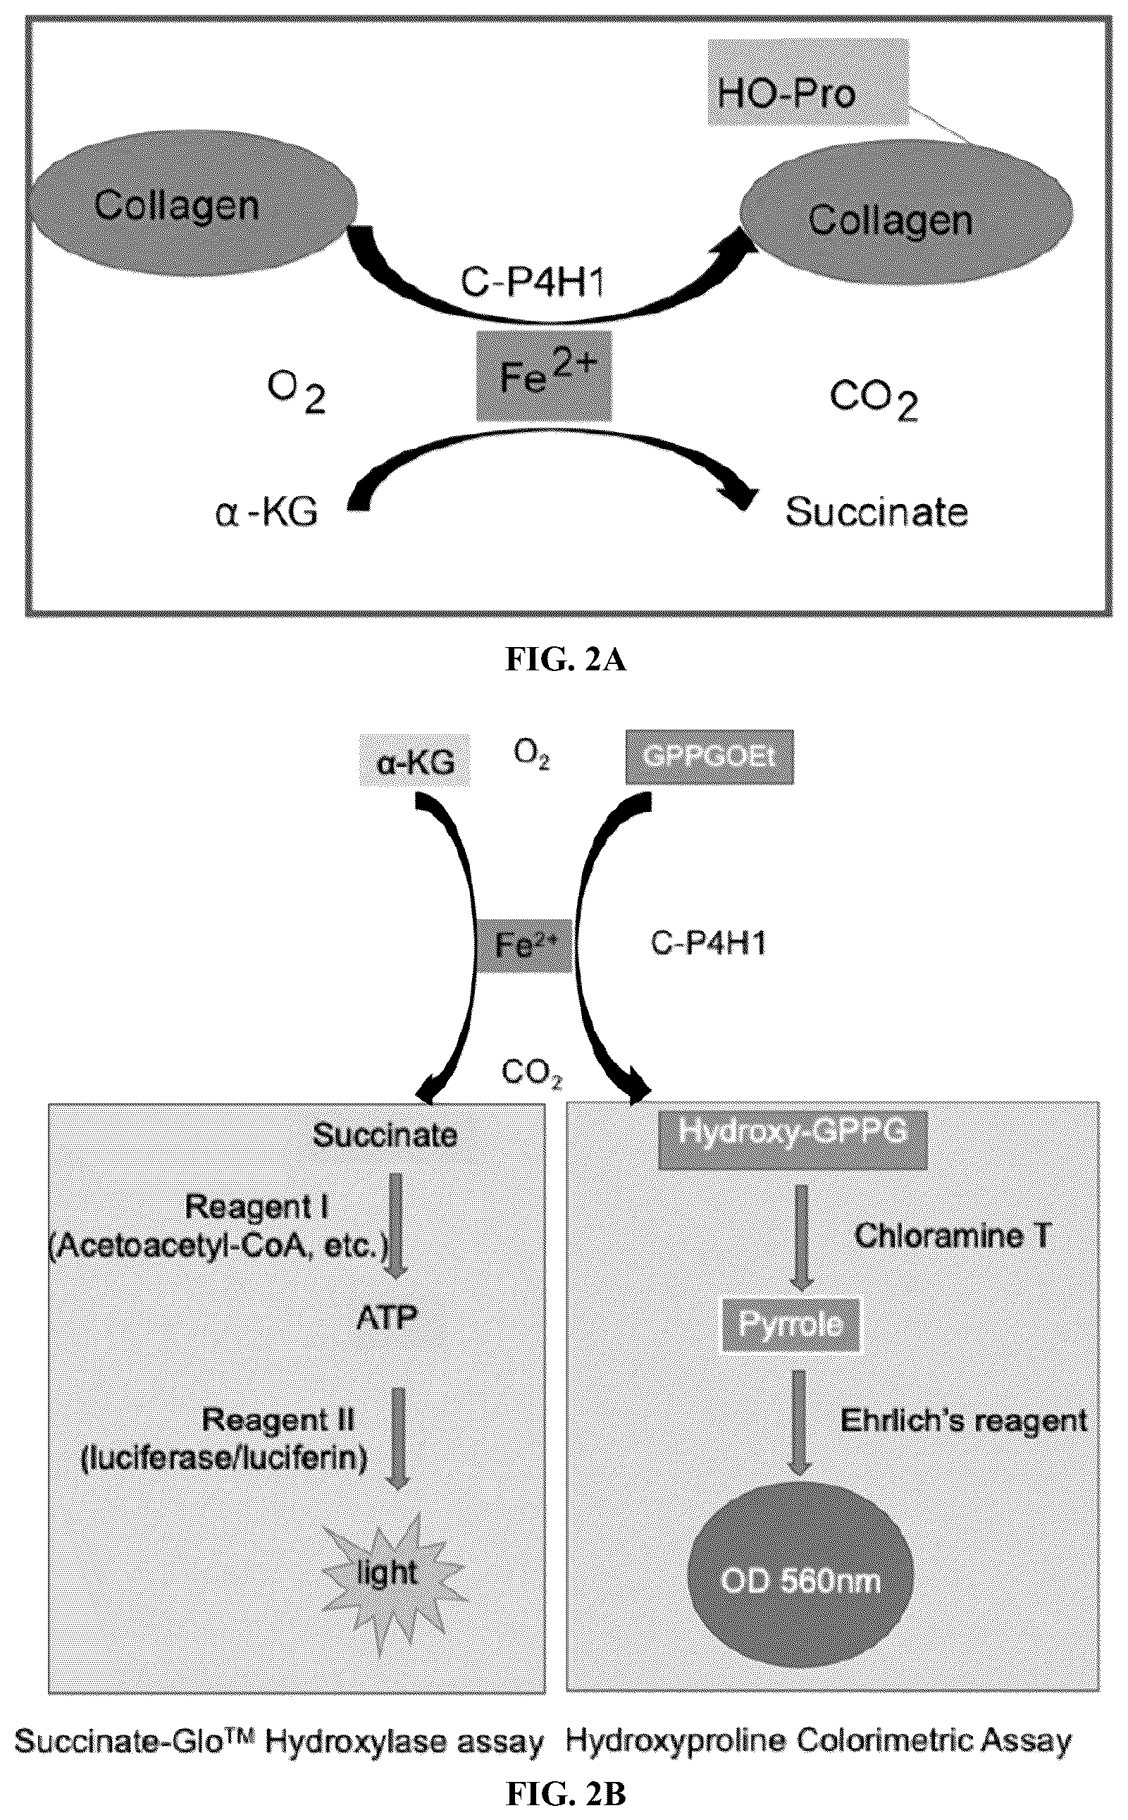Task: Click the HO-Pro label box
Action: (x=809, y=92)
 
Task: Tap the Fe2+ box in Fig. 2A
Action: (x=545, y=375)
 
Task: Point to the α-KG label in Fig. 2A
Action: (x=266, y=512)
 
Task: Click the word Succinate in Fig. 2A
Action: (x=876, y=512)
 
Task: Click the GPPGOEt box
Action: (x=709, y=758)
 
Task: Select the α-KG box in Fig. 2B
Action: (x=416, y=761)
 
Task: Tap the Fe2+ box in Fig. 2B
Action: (x=525, y=945)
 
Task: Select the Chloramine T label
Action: (x=953, y=1236)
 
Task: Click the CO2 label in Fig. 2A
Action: (x=874, y=400)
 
